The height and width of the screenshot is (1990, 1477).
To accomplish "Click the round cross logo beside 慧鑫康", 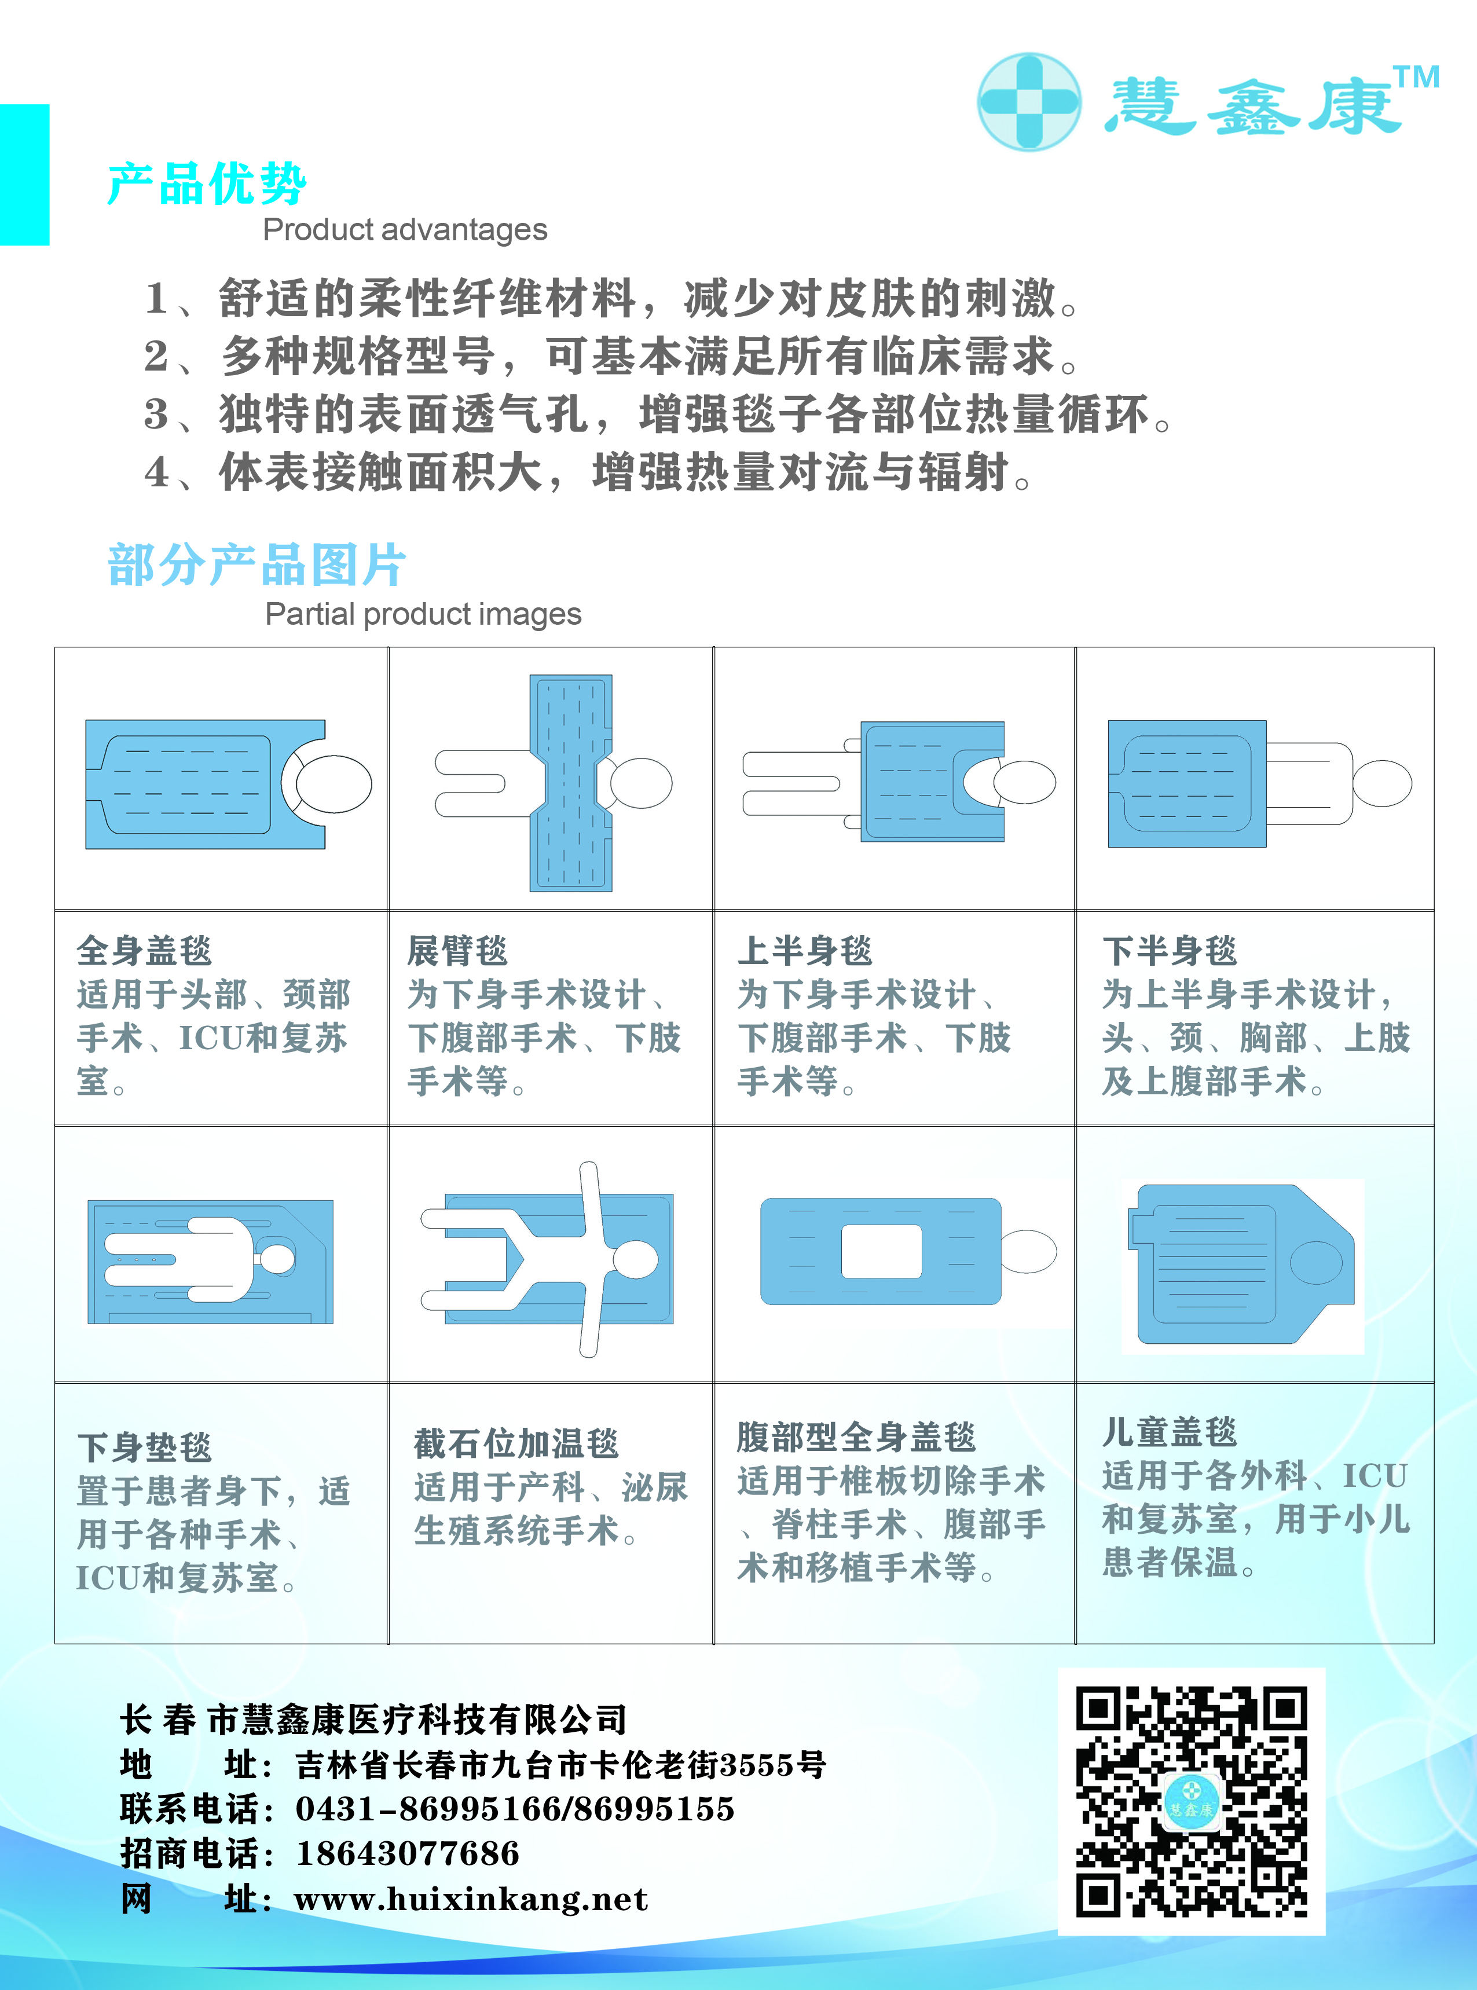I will tap(1028, 101).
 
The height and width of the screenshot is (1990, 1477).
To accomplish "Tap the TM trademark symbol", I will tap(1417, 77).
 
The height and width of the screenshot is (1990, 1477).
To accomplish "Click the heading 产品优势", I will tap(207, 184).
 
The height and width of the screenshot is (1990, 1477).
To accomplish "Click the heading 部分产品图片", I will tap(256, 565).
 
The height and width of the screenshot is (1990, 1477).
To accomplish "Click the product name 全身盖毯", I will tap(144, 950).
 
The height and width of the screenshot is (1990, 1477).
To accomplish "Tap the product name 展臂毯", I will tap(457, 950).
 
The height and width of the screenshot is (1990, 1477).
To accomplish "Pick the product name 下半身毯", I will tap(1170, 950).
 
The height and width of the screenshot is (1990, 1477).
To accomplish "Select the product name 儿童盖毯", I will tap(1170, 1431).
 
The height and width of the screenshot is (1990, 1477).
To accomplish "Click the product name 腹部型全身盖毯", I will tap(856, 1436).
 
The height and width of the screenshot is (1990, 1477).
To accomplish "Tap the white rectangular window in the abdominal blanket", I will tap(882, 1252).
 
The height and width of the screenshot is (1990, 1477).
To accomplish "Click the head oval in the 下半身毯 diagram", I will tap(1381, 783).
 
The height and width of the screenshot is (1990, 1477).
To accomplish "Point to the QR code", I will tap(1191, 1801).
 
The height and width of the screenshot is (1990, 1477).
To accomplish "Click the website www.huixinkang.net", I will tap(471, 1898).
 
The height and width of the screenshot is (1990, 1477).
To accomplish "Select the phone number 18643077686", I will tap(408, 1853).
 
